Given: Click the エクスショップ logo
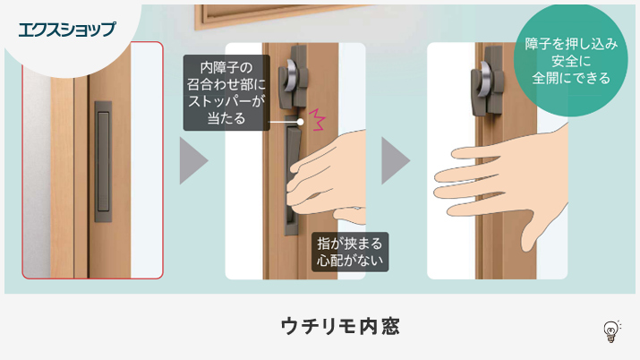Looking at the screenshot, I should pos(66,29).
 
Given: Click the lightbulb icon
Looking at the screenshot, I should pos(611,330).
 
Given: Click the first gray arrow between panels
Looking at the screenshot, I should pos(193,160).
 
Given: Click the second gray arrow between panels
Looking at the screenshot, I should pos(396,160).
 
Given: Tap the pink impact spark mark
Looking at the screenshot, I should pos(318,117).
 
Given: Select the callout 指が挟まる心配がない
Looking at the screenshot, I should pos(350,252).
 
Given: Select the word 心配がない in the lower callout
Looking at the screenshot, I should pos(350,261).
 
